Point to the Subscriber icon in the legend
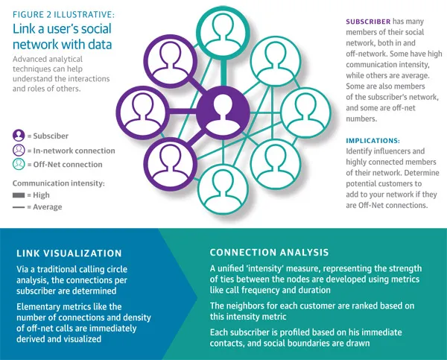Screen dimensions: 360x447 click(x=18, y=136)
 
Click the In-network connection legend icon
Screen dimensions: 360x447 click(x=18, y=150)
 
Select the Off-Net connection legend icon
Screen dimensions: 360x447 click(x=18, y=164)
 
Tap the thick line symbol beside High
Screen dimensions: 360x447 click(x=17, y=195)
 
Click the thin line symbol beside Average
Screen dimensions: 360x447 click(x=17, y=207)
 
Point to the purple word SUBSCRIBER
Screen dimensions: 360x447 click(x=370, y=23)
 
